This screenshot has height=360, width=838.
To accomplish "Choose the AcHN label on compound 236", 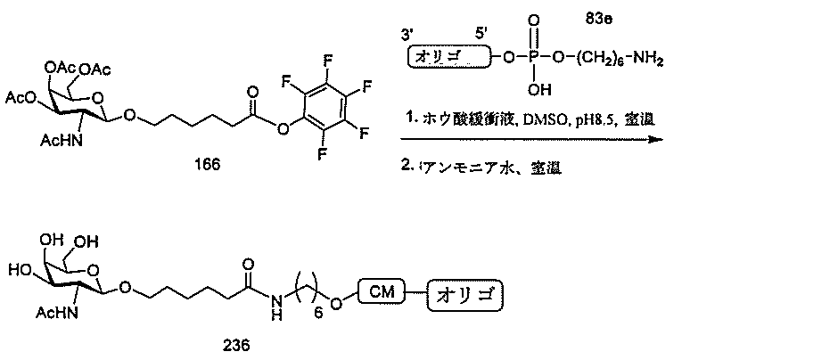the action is coord(58,313).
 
